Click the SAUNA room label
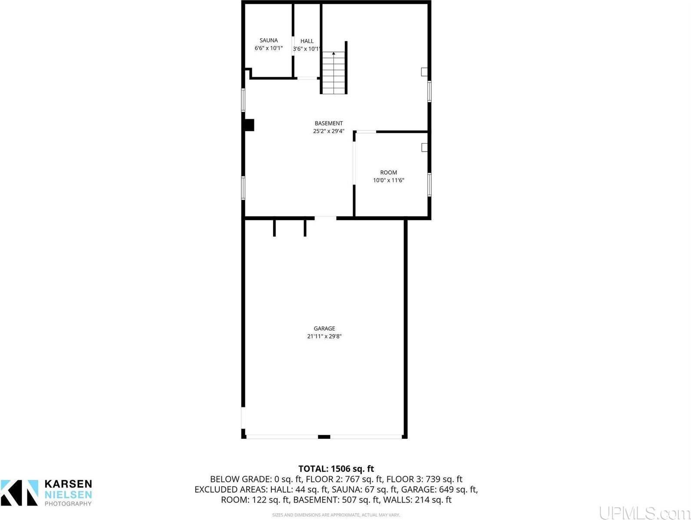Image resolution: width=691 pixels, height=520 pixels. coord(268,40)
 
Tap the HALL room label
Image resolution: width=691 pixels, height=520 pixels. coord(307,41)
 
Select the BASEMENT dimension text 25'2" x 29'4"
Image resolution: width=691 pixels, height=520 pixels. coord(329,131)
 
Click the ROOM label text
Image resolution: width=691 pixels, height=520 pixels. coord(388,172)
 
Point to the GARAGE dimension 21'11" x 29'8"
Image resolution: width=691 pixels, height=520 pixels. coord(324,336)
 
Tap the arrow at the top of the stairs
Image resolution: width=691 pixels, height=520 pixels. coord(334,54)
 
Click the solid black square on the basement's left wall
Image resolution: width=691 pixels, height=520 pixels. coord(249,125)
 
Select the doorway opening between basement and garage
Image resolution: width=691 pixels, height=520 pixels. coord(325,217)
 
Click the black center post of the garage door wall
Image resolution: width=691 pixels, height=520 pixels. coord(324,437)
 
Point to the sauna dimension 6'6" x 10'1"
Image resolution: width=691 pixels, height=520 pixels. coord(268,49)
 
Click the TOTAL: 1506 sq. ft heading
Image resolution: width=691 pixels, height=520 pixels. coord(336,469)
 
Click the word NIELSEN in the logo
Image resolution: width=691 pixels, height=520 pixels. coord(68,494)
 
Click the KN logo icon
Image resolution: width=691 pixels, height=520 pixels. coord(20,493)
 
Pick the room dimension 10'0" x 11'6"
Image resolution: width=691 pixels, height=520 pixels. coord(388,181)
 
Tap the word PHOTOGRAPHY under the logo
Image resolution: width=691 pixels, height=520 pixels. coord(68,504)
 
